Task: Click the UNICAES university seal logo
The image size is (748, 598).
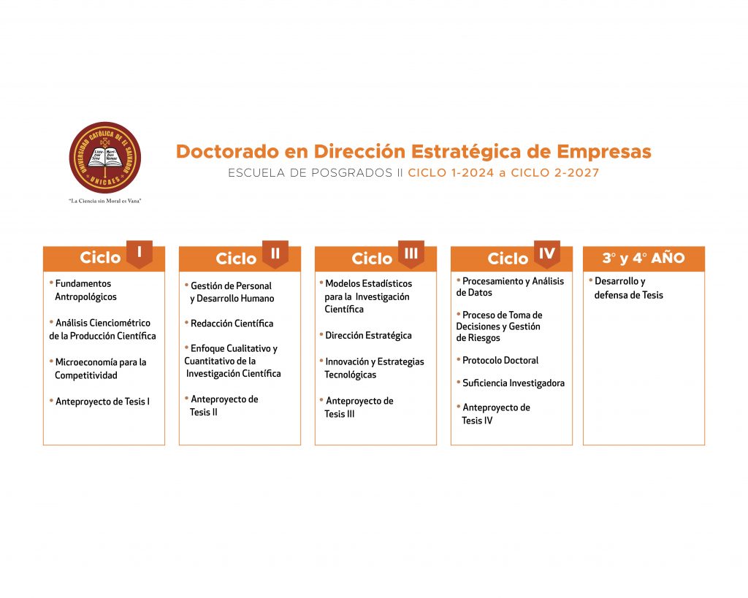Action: point(105,158)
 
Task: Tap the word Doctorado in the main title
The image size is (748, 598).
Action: point(228,152)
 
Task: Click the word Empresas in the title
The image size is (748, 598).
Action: point(604,152)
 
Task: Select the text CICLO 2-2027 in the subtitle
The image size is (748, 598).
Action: point(555,172)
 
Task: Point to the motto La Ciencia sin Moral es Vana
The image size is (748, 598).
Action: point(105,201)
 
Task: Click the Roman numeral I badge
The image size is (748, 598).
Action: point(140,253)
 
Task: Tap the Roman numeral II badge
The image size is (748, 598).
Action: point(275,253)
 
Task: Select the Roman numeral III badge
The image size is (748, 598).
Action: point(411,253)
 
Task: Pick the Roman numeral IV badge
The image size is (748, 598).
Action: point(546,253)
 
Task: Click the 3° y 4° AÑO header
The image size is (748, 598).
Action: point(644,258)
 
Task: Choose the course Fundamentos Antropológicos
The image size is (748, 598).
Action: point(83,290)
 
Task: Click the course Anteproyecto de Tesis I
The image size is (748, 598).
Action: point(99,402)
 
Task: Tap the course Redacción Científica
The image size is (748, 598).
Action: point(229,323)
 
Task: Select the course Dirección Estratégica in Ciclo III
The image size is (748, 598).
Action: point(366,335)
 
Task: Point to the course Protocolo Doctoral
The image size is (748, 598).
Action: point(497,360)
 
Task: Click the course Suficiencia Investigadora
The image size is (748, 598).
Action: point(511,383)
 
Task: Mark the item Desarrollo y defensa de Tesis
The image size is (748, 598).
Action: point(626,288)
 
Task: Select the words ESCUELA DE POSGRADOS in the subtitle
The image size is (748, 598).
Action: point(310,172)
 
